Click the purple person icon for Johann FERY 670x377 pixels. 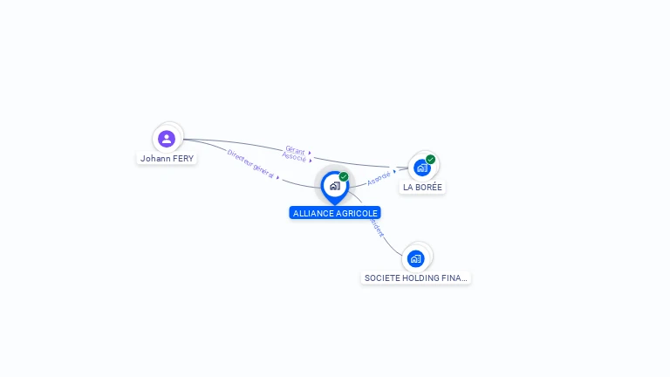point(167,138)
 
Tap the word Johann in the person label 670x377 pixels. point(154,159)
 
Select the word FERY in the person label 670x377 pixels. point(182,159)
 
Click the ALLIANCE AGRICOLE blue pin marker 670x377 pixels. point(334,186)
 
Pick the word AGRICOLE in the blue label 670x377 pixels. point(358,213)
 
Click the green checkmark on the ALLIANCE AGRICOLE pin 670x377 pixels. point(344,176)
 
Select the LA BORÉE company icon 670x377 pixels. point(422,167)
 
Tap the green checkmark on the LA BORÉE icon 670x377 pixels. point(431,159)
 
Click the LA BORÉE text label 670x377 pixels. point(423,188)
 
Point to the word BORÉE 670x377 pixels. point(429,188)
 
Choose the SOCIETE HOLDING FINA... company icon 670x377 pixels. point(416,258)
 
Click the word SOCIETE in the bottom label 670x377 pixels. point(379,278)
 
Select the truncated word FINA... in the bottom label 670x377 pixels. point(456,278)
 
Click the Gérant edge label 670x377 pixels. point(295,150)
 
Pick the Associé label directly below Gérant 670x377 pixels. point(294,157)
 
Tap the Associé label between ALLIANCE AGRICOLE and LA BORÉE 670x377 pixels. point(379,177)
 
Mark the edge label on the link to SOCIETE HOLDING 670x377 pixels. point(376,228)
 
